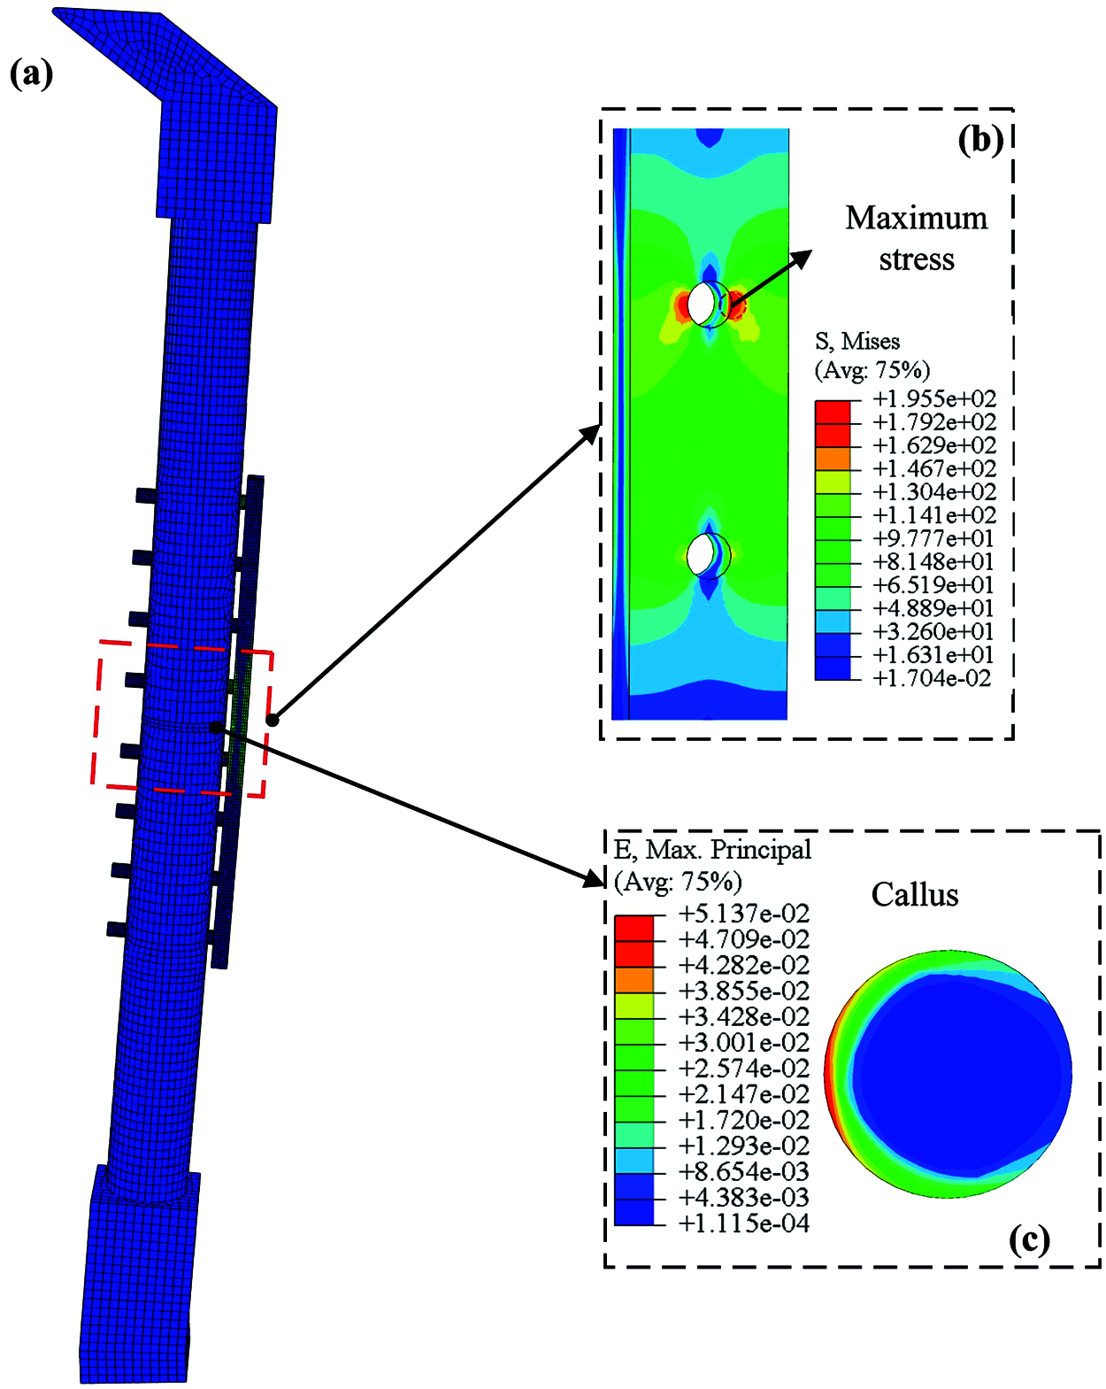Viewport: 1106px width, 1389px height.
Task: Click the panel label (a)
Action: point(31,73)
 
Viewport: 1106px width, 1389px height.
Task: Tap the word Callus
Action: point(914,895)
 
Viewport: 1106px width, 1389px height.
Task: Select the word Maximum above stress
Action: point(917,218)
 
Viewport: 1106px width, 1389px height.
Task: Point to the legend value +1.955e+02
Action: point(933,399)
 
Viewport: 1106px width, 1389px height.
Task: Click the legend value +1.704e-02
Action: point(931,678)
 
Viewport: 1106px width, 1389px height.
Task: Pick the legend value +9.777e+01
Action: point(933,538)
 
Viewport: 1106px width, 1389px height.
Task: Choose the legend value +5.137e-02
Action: point(743,914)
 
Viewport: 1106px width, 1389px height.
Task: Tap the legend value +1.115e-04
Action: point(743,1223)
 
